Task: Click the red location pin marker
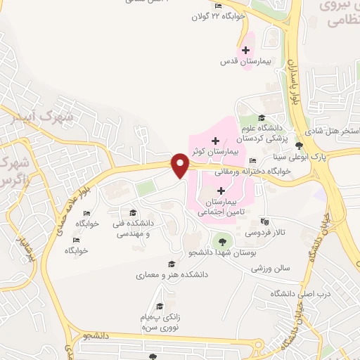(x=181, y=166)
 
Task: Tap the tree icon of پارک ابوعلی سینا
(x=300, y=146)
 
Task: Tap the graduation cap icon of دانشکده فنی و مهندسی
(x=132, y=212)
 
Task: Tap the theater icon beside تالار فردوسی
(x=264, y=221)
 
